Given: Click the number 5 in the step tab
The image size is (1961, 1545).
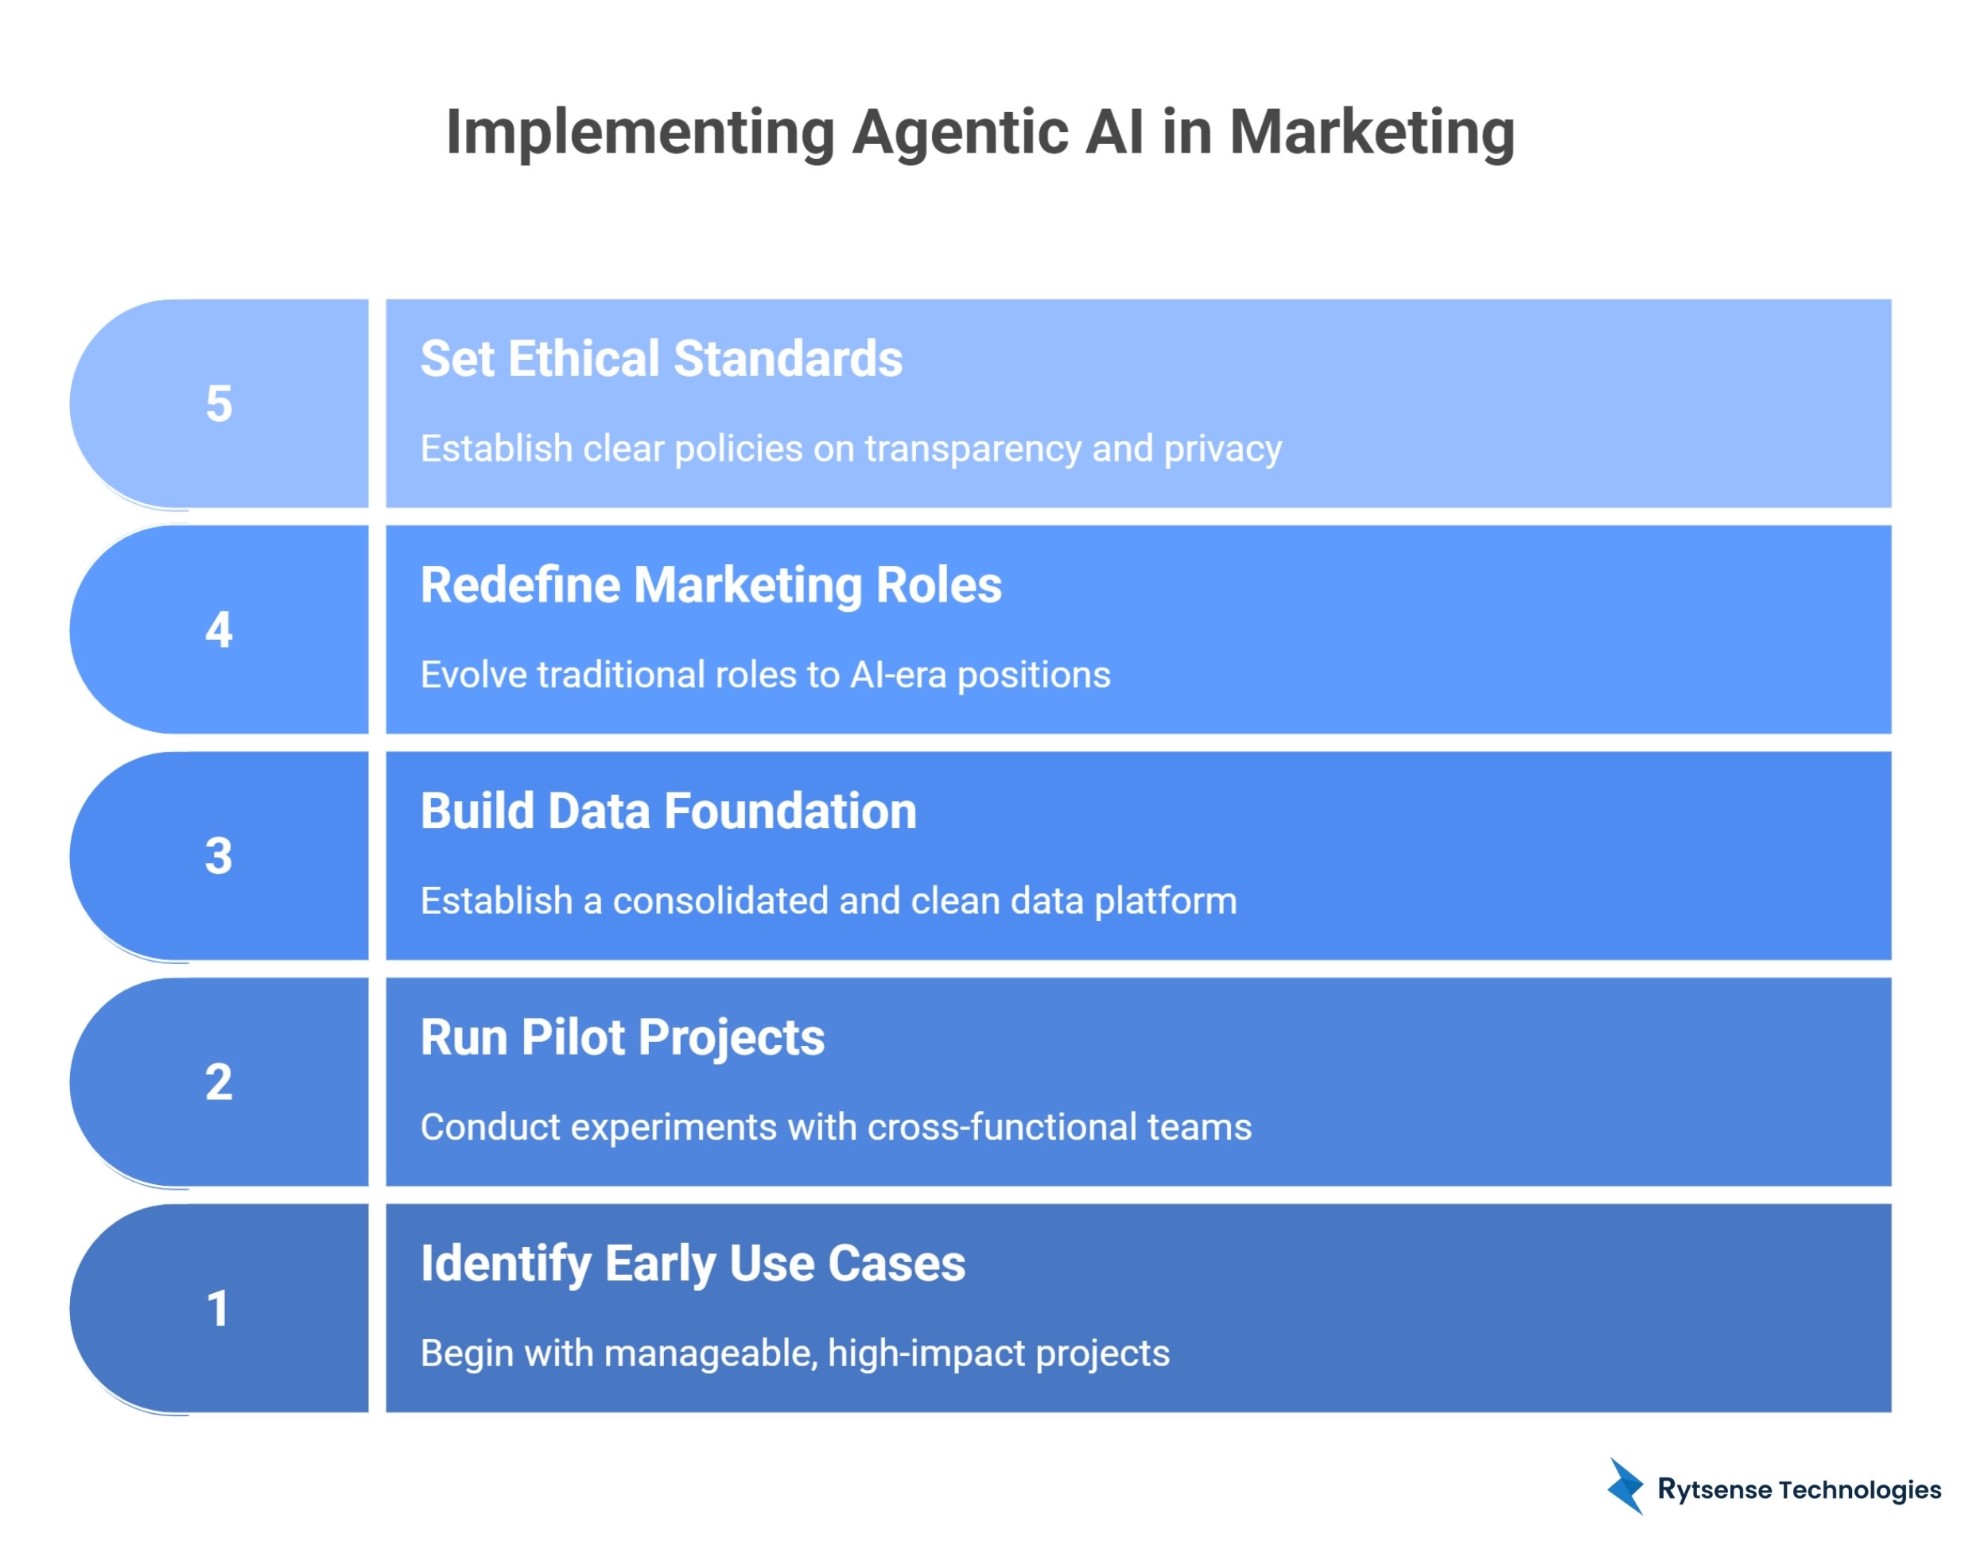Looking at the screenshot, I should click(x=219, y=404).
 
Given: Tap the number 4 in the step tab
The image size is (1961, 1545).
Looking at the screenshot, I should click(x=219, y=629).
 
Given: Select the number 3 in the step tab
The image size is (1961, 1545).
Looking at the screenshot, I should click(x=219, y=856).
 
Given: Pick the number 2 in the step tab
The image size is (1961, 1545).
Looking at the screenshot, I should click(x=219, y=1082).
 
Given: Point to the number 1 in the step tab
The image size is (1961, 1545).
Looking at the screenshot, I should click(x=218, y=1309).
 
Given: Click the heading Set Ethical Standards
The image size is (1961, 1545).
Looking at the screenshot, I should click(x=661, y=359).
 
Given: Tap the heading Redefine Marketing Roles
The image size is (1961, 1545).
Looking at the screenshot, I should click(x=710, y=585).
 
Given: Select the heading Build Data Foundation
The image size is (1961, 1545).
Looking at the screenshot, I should click(x=668, y=811).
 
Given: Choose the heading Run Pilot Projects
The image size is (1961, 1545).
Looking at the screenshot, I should click(x=622, y=1037).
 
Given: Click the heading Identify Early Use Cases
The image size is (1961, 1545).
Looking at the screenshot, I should click(x=693, y=1264).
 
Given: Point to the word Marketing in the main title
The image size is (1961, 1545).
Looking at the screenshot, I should click(x=1371, y=133).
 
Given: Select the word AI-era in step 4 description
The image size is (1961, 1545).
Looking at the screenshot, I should click(x=898, y=675).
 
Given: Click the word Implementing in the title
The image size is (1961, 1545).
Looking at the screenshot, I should click(x=640, y=133).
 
